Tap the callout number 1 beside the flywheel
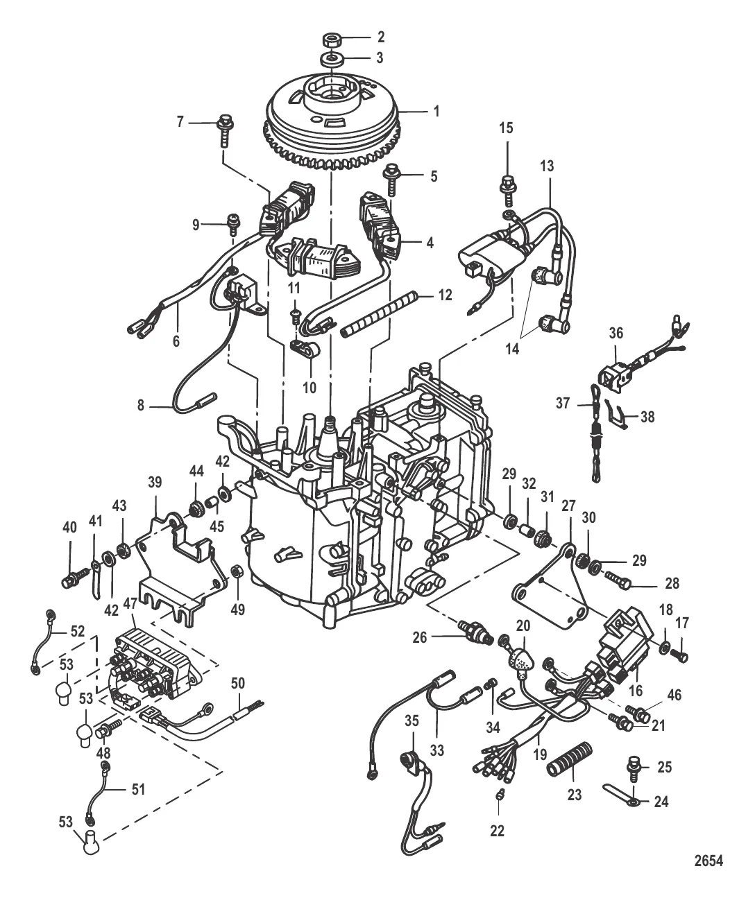(436, 110)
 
